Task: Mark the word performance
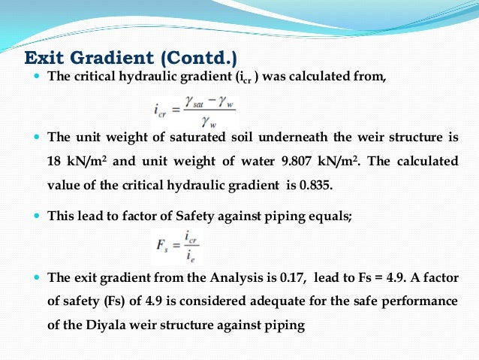tap(420, 301)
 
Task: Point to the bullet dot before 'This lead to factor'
tap(38, 215)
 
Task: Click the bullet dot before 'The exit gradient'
tap(38, 277)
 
